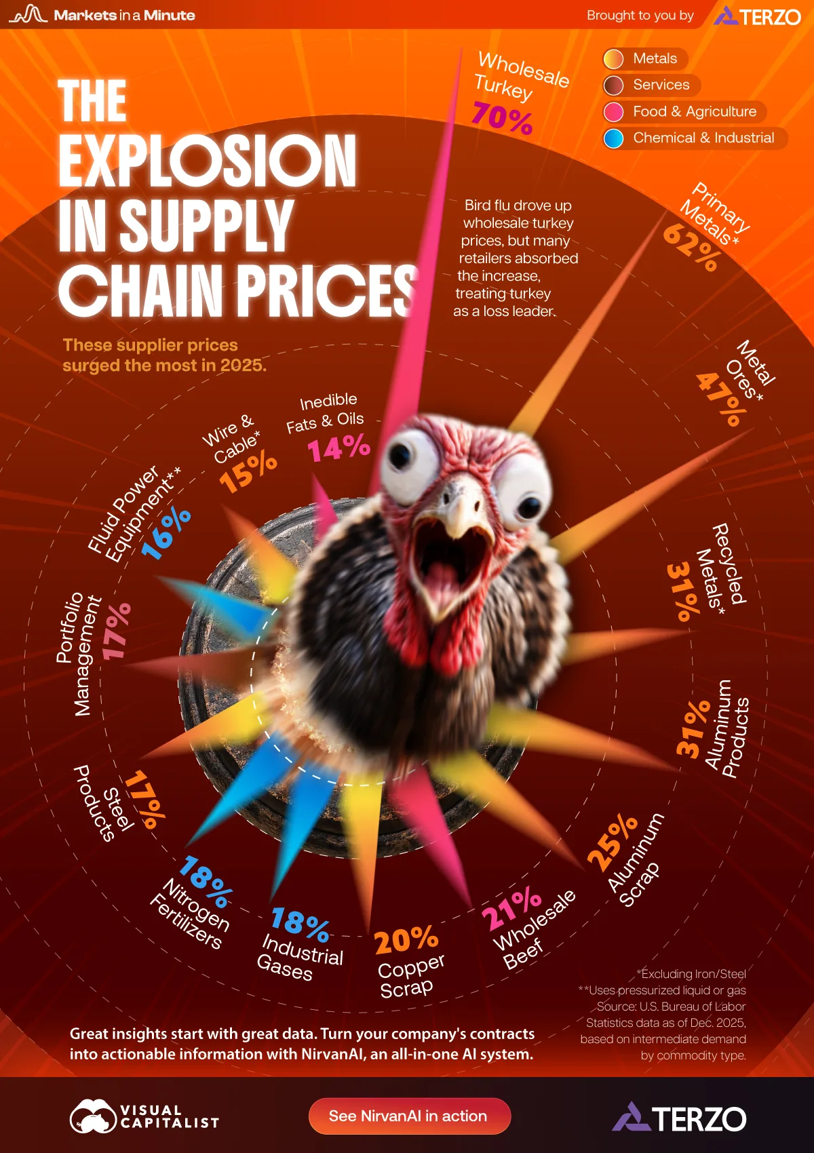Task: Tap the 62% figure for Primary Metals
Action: point(691,248)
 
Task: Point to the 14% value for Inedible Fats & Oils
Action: point(338,448)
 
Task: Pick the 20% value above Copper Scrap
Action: point(406,940)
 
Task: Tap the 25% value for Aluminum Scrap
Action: point(613,843)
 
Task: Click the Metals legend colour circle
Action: point(613,59)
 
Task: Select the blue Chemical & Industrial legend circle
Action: point(613,138)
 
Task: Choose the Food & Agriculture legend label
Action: point(694,111)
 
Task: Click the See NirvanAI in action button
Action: point(409,1116)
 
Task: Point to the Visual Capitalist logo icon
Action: point(93,1116)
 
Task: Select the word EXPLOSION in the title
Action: point(207,161)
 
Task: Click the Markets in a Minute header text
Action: point(124,15)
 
